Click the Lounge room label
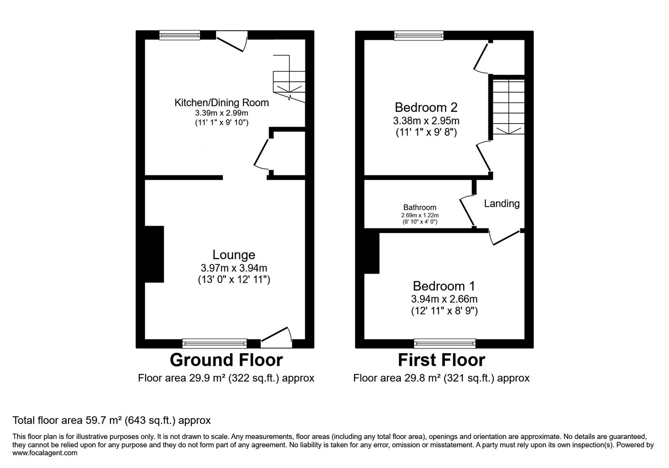click(x=234, y=255)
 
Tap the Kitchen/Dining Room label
click(x=221, y=103)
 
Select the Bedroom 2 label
click(x=426, y=107)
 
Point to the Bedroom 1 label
click(x=444, y=286)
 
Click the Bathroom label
click(x=419, y=208)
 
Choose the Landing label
click(x=501, y=203)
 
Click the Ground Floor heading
click(x=226, y=360)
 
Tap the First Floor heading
click(x=441, y=360)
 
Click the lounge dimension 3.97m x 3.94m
click(x=234, y=268)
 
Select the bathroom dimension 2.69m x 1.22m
click(x=419, y=215)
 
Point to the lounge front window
click(x=214, y=344)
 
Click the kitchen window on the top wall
click(x=179, y=35)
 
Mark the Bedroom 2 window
click(x=419, y=36)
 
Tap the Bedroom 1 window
click(x=445, y=344)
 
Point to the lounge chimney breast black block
click(x=154, y=254)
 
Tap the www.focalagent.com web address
click(x=45, y=453)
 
